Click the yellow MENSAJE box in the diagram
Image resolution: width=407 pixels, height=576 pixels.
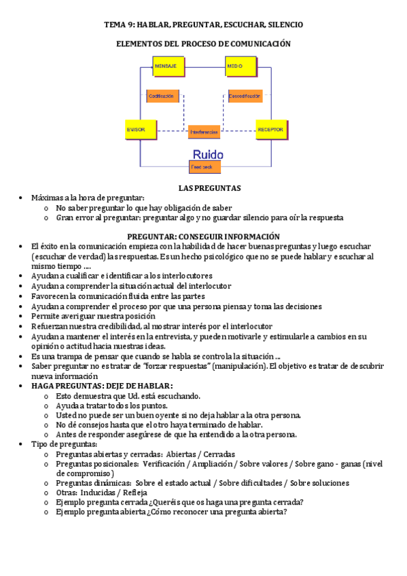[167, 66]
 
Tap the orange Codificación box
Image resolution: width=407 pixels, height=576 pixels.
[163, 96]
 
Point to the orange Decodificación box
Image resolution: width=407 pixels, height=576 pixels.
[245, 96]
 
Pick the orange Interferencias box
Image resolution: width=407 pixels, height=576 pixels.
[204, 131]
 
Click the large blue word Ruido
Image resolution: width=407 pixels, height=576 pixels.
[208, 154]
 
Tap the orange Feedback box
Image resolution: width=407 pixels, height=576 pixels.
[205, 166]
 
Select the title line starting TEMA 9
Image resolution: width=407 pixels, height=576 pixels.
[203, 24]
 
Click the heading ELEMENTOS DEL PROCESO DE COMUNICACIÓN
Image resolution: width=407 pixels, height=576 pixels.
[203, 43]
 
